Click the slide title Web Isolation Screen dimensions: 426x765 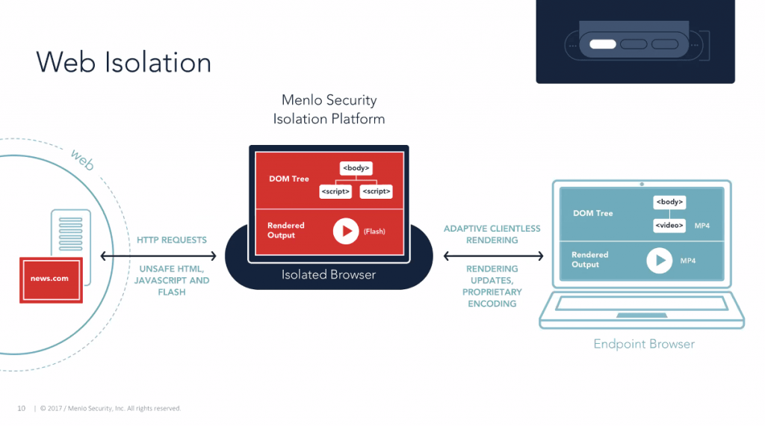pos(123,62)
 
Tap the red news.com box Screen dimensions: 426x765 pos(51,279)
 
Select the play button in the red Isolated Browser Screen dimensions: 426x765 pos(346,231)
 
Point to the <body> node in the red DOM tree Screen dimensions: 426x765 pos(356,168)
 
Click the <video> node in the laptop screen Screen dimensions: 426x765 pos(669,225)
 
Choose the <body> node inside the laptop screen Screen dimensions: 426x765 pos(669,202)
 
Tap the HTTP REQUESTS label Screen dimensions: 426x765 pos(172,241)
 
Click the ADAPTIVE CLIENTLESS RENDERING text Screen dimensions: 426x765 pos(492,235)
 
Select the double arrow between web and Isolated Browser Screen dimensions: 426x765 pos(158,256)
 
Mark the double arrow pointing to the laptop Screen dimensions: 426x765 pos(493,256)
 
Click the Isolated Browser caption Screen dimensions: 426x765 pos(329,275)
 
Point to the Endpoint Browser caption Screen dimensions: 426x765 pos(644,345)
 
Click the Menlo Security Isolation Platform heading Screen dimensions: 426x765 pos(329,109)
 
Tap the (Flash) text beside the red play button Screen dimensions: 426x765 pos(374,232)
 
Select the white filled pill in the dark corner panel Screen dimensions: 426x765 pos(602,44)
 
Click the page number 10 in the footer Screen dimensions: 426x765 pos(22,408)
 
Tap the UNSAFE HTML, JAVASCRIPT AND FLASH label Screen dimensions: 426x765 pos(172,280)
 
